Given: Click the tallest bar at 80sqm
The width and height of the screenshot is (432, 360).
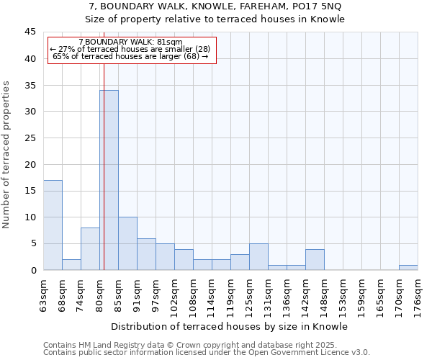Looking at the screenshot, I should click(x=109, y=180).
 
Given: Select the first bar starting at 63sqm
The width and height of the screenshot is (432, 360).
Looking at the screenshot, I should click(x=53, y=225).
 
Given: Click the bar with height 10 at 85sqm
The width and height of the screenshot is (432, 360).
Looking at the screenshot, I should click(x=127, y=243).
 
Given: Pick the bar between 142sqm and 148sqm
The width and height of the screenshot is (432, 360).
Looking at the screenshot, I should click(x=315, y=259).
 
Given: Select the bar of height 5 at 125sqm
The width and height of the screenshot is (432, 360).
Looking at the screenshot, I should click(x=258, y=256).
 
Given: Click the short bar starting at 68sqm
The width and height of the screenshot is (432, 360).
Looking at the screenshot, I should click(x=71, y=264).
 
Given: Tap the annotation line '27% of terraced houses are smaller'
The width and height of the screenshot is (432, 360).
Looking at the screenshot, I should click(x=130, y=49).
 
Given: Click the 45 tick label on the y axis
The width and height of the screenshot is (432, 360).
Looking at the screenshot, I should click(x=30, y=32).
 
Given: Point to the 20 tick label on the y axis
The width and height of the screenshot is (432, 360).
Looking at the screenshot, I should click(x=30, y=164).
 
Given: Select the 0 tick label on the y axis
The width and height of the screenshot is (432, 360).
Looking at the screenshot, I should click(x=32, y=270).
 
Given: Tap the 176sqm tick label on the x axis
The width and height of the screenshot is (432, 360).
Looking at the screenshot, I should click(x=418, y=294).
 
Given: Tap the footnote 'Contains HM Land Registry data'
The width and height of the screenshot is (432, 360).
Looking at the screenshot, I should click(x=108, y=345).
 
